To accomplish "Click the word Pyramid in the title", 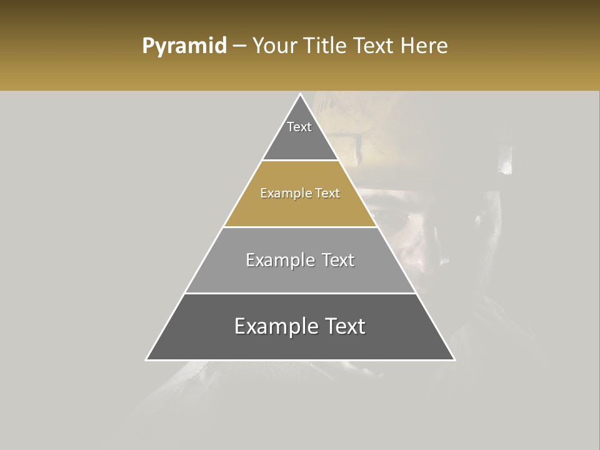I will coord(184,46).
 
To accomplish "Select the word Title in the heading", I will coord(326,46).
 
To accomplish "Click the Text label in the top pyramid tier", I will coord(299,127).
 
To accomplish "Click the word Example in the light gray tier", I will coord(279,260).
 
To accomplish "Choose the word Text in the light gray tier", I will coord(335,260).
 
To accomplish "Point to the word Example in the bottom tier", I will coord(273,326).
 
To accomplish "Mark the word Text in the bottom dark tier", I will coord(343,326).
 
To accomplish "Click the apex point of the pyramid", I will coord(300,94).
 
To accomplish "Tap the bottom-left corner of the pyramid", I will coord(146,359).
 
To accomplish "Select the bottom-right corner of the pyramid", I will coord(454,359).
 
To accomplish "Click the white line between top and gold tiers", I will coord(300,161).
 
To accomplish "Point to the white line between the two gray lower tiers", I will coord(300,293).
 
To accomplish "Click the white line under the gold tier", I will coord(300,227).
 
